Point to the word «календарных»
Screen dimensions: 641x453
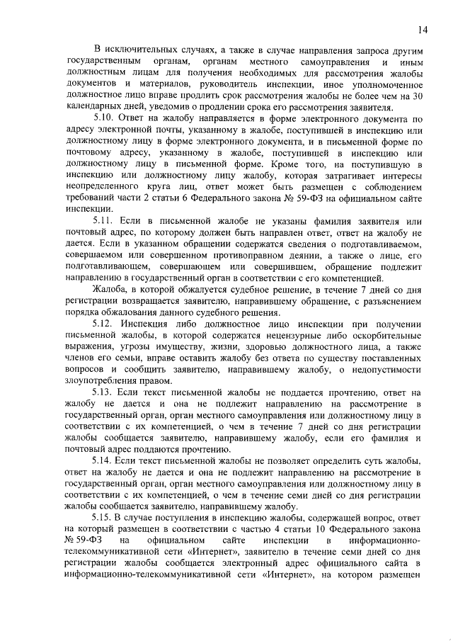pos(93,108)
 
